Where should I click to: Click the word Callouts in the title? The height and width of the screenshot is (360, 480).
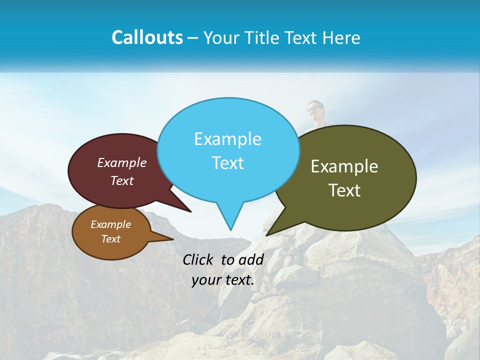[x=147, y=38]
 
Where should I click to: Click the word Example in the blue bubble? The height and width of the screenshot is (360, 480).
[x=227, y=139]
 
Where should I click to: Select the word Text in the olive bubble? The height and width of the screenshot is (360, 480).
[x=344, y=190]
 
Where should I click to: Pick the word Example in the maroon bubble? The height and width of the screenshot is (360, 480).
[x=122, y=163]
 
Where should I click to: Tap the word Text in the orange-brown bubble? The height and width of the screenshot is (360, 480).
[x=111, y=239]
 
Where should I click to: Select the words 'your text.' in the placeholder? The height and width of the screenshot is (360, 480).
[x=223, y=280]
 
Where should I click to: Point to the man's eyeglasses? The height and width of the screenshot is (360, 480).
[x=314, y=108]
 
